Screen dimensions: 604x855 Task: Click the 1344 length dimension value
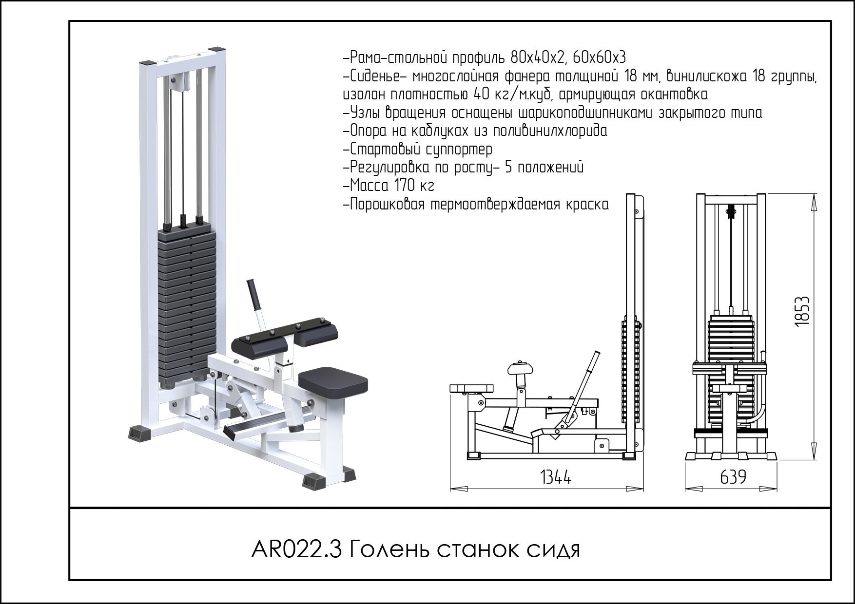point(556,477)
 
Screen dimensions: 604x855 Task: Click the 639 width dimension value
point(733,477)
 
